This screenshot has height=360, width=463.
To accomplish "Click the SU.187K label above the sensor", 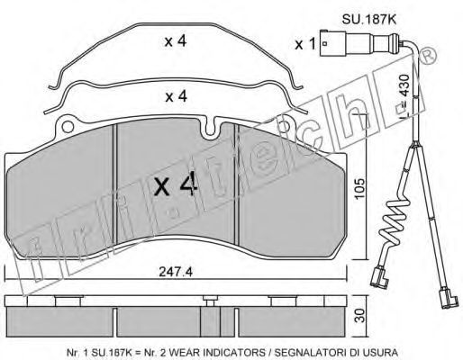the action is [x=369, y=20].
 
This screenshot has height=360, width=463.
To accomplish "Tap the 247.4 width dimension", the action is [x=176, y=272].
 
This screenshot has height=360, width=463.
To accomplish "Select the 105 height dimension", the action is [x=359, y=188].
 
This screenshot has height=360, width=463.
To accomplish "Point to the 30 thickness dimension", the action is [x=360, y=315].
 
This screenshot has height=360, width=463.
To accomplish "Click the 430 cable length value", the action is [x=404, y=85].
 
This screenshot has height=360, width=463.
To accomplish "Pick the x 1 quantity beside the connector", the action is [x=305, y=44].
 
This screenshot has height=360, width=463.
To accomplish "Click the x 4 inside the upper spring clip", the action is [x=176, y=41].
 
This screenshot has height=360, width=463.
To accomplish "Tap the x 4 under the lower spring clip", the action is [x=177, y=96].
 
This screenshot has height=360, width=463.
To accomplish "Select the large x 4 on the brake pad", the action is [x=176, y=185].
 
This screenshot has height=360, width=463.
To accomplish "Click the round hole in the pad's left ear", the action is [x=68, y=127].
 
